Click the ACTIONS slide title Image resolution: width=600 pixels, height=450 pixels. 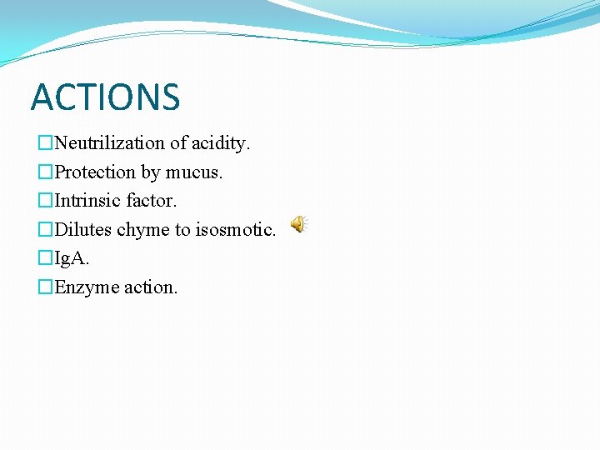click(105, 97)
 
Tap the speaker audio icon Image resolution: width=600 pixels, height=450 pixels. click(298, 224)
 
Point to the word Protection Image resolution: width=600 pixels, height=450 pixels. click(95, 172)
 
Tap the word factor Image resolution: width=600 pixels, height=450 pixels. click(152, 201)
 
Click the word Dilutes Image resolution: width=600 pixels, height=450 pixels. click(83, 230)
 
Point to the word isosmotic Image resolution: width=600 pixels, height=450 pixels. click(236, 230)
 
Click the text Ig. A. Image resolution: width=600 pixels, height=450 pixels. click(72, 259)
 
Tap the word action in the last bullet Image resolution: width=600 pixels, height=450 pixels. click(151, 287)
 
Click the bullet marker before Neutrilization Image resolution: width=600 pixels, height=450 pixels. click(46, 143)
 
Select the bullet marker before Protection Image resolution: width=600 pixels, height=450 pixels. click(46, 172)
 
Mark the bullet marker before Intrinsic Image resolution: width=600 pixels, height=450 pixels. click(46, 201)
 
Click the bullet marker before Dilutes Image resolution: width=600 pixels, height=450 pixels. click(46, 230)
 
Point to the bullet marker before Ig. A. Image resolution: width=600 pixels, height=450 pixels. click(46, 258)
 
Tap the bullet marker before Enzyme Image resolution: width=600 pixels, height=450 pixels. click(46, 287)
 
